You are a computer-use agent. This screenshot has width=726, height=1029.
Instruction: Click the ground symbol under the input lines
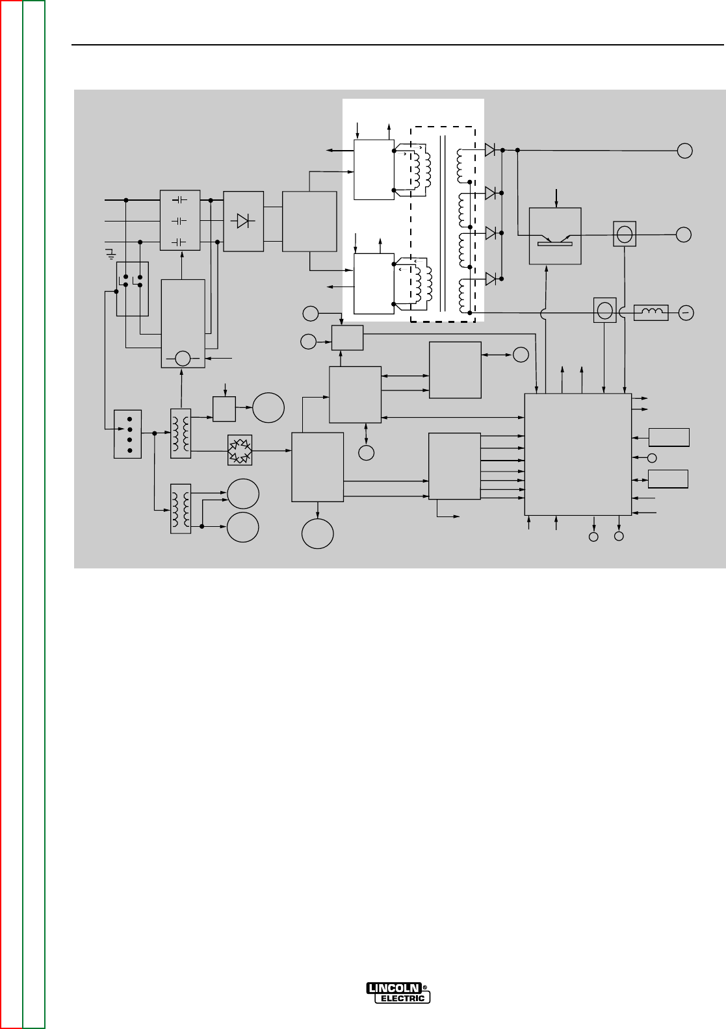point(111,253)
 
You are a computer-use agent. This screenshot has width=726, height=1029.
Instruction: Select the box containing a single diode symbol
point(243,222)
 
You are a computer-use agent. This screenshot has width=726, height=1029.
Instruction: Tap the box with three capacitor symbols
point(180,221)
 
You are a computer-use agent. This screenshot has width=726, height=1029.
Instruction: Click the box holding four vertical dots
point(127,434)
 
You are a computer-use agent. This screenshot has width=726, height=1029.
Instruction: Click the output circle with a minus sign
point(685,313)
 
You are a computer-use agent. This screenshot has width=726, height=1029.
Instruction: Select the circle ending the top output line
point(685,151)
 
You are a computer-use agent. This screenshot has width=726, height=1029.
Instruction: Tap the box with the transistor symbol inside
point(555,236)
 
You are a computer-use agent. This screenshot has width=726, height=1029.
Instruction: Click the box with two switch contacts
point(133,288)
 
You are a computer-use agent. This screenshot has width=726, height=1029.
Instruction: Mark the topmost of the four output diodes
point(490,150)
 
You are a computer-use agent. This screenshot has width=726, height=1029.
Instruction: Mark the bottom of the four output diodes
point(490,279)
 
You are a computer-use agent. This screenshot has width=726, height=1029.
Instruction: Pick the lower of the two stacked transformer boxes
point(181,509)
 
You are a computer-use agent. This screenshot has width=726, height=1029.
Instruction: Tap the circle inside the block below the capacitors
point(183,358)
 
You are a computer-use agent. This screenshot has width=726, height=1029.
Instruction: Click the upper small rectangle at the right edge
point(669,437)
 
